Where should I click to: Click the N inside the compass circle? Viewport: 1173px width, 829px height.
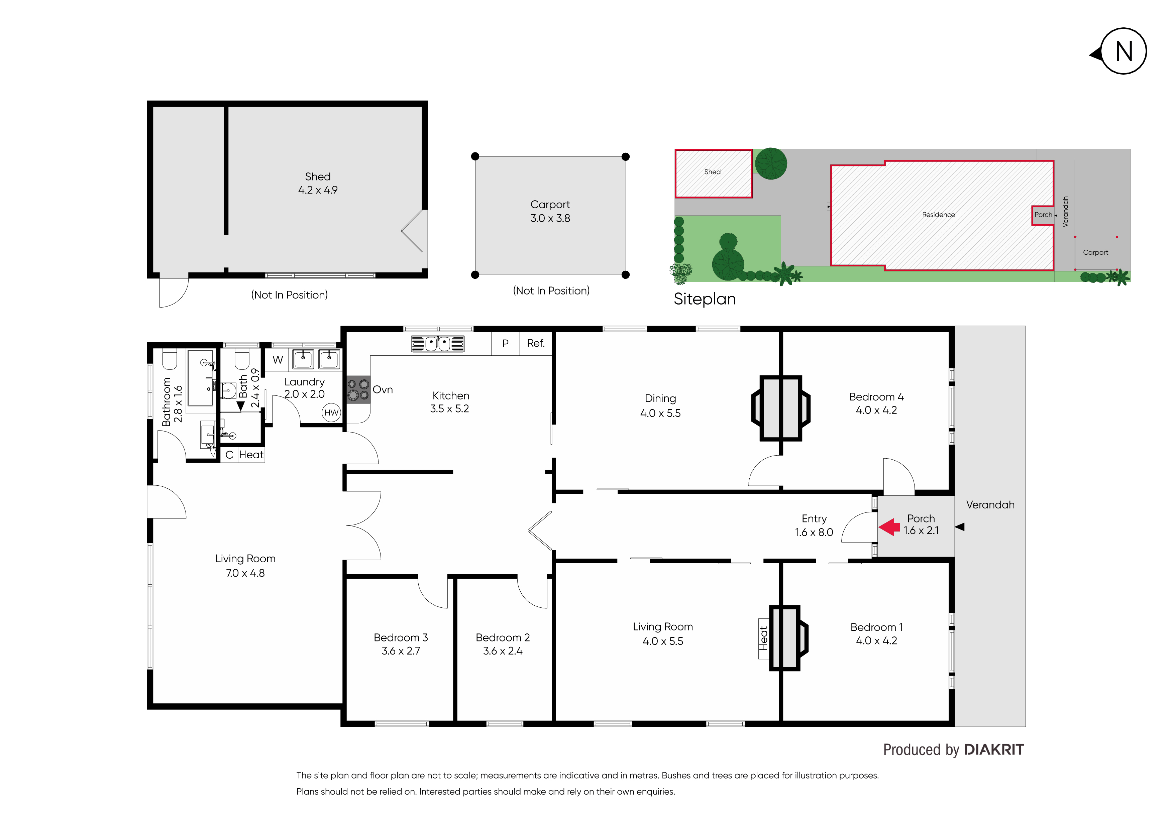[1124, 51]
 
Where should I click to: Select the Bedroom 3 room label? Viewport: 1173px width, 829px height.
[401, 637]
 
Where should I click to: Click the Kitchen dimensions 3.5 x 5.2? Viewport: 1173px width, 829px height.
[450, 408]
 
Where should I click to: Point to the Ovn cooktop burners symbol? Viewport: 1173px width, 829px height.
[358, 389]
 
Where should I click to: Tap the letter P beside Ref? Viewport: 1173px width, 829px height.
[505, 344]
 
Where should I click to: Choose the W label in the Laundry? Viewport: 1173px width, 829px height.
[278, 360]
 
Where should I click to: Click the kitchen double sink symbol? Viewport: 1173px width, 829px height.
[438, 344]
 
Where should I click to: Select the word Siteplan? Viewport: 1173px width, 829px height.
[705, 299]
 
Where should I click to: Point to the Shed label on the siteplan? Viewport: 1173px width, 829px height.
[712, 171]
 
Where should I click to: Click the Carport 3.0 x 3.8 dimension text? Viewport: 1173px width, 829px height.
[550, 218]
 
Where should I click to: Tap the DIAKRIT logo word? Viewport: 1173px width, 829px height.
[994, 749]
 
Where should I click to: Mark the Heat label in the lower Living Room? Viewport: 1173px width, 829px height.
[763, 638]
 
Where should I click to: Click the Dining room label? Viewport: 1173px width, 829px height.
[660, 398]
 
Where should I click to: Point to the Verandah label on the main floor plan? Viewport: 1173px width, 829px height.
[990, 505]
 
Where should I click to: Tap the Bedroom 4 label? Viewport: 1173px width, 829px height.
[876, 397]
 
